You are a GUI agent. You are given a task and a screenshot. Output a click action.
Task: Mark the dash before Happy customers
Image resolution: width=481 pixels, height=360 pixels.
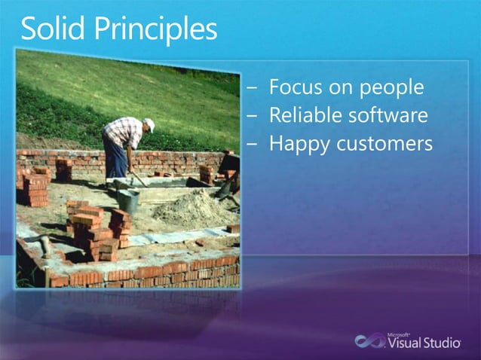252,144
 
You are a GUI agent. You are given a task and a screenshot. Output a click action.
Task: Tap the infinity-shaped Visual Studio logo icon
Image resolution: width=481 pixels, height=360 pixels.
370,340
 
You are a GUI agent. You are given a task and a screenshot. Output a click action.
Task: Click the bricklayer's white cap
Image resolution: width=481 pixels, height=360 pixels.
149,124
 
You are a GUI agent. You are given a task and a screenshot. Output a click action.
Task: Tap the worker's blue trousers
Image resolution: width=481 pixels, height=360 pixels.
115,160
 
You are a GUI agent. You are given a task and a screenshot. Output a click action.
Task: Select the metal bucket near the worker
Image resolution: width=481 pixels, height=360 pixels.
129,200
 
